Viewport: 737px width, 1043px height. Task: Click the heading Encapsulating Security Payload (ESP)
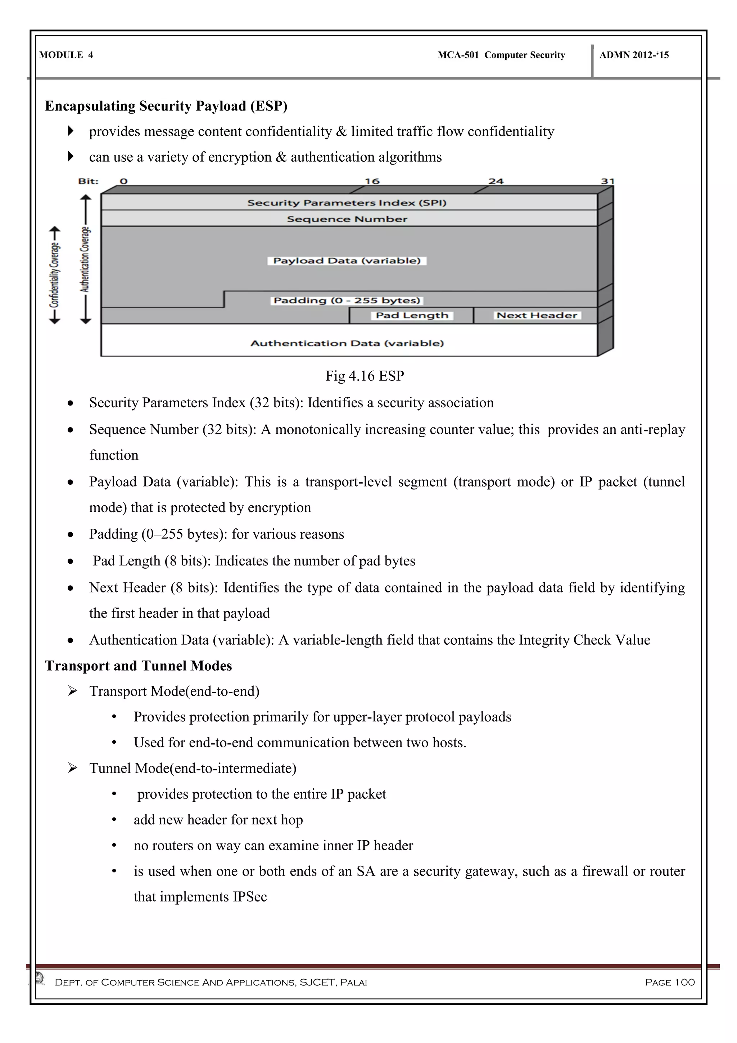click(x=166, y=106)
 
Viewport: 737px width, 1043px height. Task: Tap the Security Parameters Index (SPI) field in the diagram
click(x=347, y=203)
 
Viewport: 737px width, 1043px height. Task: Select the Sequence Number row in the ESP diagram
click(x=347, y=219)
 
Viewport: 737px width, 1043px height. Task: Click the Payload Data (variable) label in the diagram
click(x=347, y=261)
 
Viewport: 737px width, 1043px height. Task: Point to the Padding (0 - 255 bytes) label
click(x=347, y=300)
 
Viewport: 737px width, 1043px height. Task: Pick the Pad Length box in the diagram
click(x=412, y=315)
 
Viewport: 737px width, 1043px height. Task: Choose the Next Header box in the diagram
click(x=537, y=315)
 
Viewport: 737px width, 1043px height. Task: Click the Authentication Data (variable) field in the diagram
click(x=347, y=343)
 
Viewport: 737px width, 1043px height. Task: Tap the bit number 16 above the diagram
click(x=372, y=181)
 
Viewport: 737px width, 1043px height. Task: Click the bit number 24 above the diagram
click(x=496, y=181)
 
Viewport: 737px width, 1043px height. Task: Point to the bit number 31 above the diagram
click(x=607, y=181)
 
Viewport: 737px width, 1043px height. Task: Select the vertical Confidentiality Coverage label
click(x=54, y=275)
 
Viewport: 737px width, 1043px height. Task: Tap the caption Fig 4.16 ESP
click(x=365, y=376)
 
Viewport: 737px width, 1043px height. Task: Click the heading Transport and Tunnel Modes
click(x=139, y=666)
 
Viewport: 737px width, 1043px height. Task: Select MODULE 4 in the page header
click(x=66, y=55)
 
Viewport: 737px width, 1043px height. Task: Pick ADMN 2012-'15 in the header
click(x=634, y=55)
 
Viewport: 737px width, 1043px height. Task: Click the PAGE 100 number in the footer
click(x=669, y=982)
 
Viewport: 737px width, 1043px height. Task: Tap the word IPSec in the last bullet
click(x=250, y=897)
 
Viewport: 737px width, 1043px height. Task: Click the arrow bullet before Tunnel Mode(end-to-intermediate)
click(x=73, y=768)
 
